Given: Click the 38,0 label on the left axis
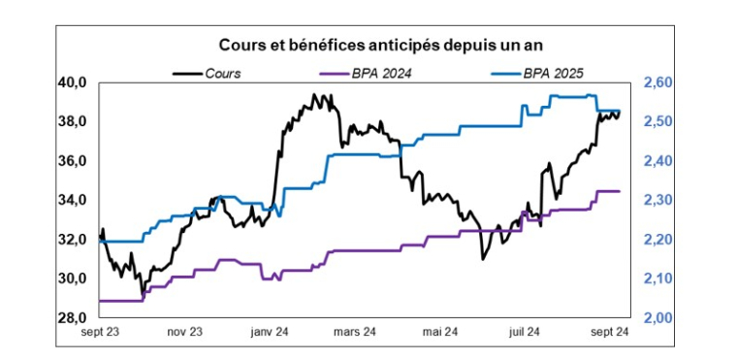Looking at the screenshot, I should coord(75,121).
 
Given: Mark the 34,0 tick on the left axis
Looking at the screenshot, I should coord(75,200).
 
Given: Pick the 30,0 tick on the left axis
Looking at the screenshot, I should coord(75,278).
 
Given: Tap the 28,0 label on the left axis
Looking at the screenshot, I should coord(75,317).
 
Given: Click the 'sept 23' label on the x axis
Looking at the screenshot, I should coord(102,333).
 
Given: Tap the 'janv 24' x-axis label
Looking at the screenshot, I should coord(270,333).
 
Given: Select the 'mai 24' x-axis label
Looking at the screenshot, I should coord(439,333).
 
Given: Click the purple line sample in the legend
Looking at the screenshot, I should coord(332,72).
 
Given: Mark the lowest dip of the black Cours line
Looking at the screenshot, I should coord(143,293).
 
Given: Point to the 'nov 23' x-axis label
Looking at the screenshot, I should coord(184,333).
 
